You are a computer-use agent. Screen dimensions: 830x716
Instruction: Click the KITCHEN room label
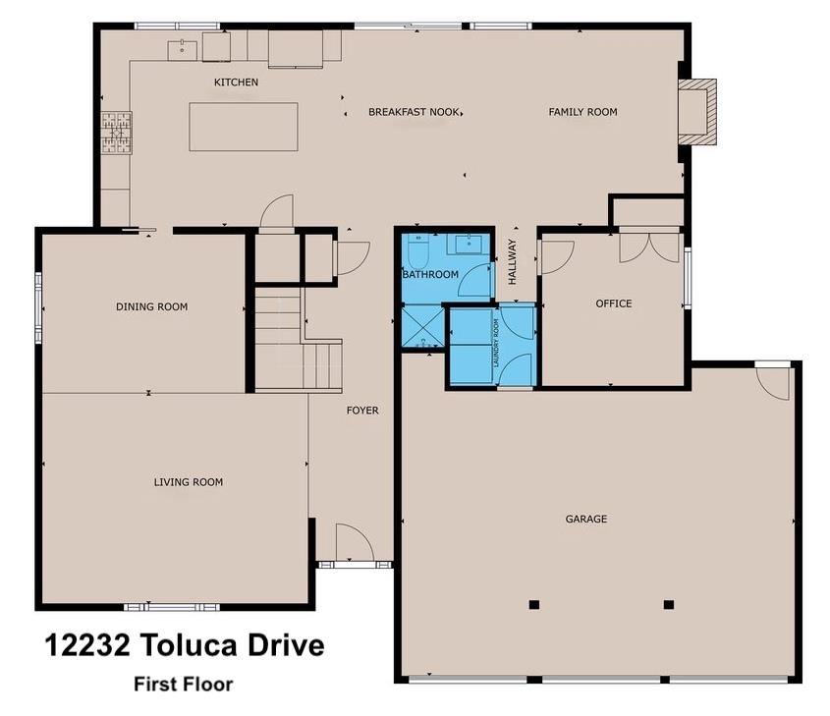coord(236,83)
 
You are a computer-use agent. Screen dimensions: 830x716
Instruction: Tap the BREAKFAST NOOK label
coord(414,112)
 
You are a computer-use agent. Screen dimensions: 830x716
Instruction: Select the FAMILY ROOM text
coord(582,112)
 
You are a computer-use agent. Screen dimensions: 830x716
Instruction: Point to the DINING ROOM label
coord(152,306)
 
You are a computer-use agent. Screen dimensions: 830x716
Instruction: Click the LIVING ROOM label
coord(189,482)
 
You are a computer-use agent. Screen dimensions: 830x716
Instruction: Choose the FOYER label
coord(362,411)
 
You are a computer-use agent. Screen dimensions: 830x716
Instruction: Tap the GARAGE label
coord(586,519)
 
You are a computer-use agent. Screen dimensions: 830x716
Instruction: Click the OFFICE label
coord(614,303)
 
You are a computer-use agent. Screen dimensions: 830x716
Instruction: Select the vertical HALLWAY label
coord(513,262)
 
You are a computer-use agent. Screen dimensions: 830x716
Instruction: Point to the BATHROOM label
coord(430,274)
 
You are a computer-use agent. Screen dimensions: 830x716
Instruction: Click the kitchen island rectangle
coord(244,127)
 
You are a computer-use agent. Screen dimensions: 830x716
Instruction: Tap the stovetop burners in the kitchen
coord(117,133)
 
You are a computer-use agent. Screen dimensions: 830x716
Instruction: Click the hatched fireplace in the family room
coord(697,112)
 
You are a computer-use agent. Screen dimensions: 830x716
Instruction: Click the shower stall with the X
coord(423,326)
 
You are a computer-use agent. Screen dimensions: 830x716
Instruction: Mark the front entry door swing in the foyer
coord(355,542)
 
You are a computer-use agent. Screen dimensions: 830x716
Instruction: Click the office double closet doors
coord(649,247)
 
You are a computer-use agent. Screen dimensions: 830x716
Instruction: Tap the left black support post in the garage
coord(533,604)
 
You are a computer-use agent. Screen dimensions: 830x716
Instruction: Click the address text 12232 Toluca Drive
coord(185,645)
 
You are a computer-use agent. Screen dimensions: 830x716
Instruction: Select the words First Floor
coord(183,685)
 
